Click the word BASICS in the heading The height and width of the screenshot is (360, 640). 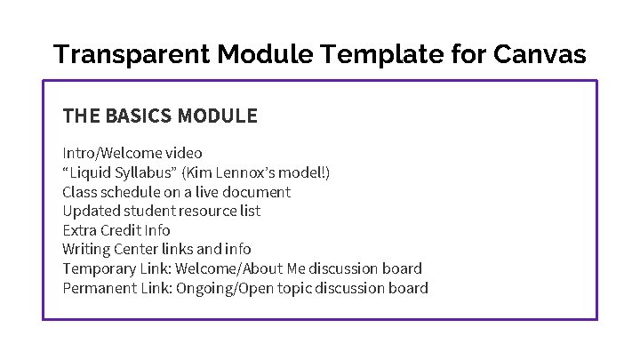(x=140, y=116)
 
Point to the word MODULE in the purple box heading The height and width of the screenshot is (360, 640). (x=218, y=116)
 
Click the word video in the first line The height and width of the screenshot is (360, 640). (x=184, y=153)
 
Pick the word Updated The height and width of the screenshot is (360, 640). (x=87, y=211)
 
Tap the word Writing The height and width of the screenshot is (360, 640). (x=85, y=249)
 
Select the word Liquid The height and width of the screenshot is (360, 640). (x=89, y=172)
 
